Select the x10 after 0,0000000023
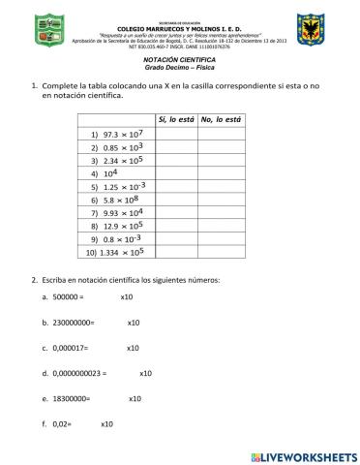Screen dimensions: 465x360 pyautogui.click(x=146, y=372)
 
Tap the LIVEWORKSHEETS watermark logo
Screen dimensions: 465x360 pyautogui.click(x=303, y=453)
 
